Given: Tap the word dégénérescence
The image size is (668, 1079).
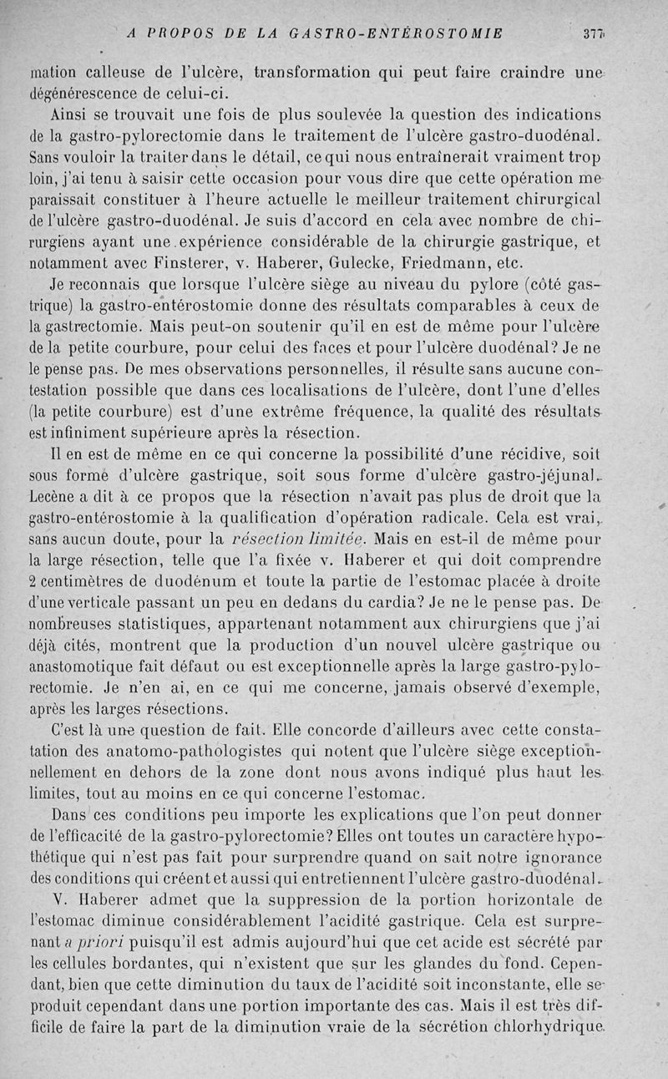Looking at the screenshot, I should click(84, 93).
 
